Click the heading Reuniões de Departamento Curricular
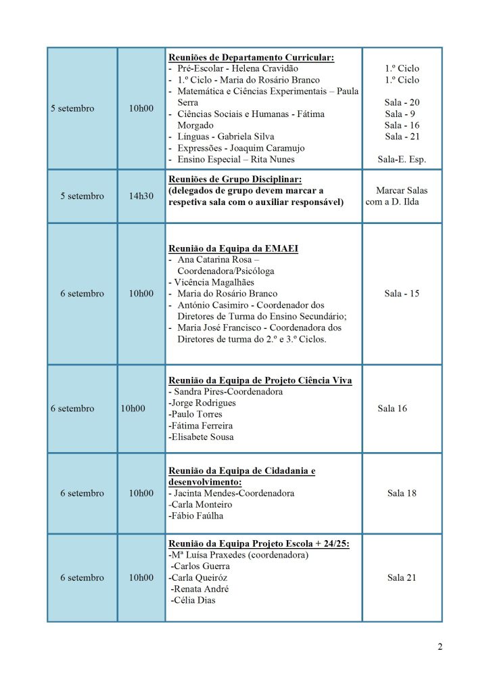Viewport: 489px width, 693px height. click(x=251, y=58)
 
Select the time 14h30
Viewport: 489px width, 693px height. click(x=141, y=196)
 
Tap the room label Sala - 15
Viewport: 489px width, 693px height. click(x=402, y=294)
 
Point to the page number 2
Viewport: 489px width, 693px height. click(x=440, y=647)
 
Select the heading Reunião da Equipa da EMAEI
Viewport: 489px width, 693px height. click(x=233, y=248)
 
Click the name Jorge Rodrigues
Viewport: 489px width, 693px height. click(x=204, y=403)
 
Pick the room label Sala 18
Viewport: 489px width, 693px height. click(x=402, y=493)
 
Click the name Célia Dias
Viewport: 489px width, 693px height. click(x=195, y=600)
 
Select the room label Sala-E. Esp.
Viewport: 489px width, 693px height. click(x=402, y=160)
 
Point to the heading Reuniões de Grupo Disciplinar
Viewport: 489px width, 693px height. click(x=234, y=179)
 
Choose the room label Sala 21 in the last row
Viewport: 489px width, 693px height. click(x=402, y=578)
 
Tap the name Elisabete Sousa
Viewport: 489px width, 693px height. click(x=202, y=437)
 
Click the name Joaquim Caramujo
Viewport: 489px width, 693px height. click(x=266, y=148)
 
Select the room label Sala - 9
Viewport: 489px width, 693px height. click(x=402, y=114)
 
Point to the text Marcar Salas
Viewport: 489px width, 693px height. click(x=402, y=191)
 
